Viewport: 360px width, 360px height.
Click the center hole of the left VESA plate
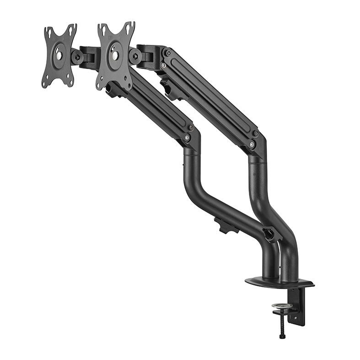coord(59,55)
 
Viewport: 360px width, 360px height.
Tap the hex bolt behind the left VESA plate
coord(77,57)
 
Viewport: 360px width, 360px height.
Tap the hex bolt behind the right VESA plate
coord(134,55)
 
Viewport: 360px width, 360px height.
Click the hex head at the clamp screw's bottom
coord(282,337)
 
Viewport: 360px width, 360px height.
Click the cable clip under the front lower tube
coord(226,226)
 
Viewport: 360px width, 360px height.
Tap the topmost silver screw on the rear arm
coord(168,54)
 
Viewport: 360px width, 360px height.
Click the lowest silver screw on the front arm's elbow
coord(186,137)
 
